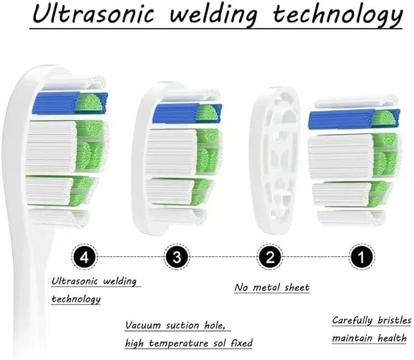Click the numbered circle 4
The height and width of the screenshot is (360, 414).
pos(84,256)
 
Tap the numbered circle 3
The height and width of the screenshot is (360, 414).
pos(177,256)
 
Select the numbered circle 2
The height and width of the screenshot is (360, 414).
pos(269,256)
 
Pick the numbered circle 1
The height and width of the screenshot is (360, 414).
pos(362,256)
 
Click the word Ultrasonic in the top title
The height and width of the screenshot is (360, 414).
pos(93,13)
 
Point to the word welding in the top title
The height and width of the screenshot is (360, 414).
pos(213,15)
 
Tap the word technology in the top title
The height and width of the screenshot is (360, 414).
pos(338,15)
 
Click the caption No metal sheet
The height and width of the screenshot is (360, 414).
pos(272,288)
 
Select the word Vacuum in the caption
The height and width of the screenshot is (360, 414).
pos(143,325)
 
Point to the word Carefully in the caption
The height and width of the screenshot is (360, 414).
pos(352,320)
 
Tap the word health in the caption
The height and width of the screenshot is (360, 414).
pos(392,338)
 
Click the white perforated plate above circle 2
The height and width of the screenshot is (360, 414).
pos(275,160)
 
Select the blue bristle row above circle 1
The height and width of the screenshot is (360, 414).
pos(354,119)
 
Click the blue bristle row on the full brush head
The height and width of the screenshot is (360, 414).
pos(70,103)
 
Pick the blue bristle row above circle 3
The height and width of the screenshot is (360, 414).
pos(187,113)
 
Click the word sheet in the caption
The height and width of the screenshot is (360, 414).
pos(297,288)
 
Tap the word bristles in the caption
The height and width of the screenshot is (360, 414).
pos(394,320)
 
